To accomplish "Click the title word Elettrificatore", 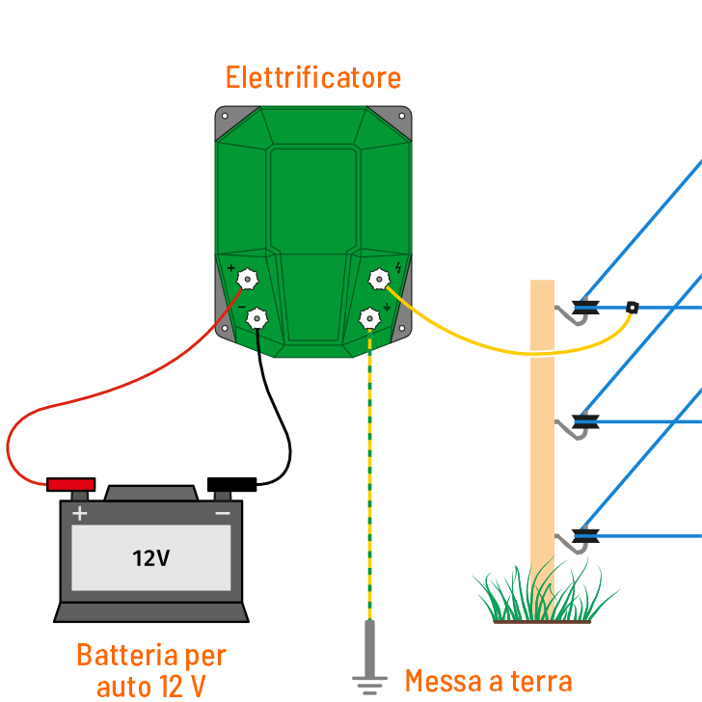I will (x=313, y=77).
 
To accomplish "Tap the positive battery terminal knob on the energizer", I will (x=248, y=280).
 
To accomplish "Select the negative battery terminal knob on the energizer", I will (x=257, y=317).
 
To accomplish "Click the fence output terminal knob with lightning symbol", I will (x=378, y=280).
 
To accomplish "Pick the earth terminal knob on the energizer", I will (x=369, y=317).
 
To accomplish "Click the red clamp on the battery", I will (x=71, y=483).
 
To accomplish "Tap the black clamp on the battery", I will (x=231, y=483).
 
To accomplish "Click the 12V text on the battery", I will (x=151, y=558).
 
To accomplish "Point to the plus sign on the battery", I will (x=80, y=514).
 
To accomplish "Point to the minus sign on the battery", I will (x=223, y=514).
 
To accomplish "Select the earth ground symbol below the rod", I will (x=369, y=684).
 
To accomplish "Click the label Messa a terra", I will (x=488, y=681).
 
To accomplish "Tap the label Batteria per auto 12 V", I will (x=151, y=670).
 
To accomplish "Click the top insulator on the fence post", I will (x=585, y=309).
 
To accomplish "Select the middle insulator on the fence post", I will (x=585, y=421).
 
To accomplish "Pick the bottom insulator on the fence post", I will (x=585, y=534).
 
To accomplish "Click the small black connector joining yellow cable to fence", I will (x=633, y=308).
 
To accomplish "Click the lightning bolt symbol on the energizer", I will (x=398, y=267).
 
